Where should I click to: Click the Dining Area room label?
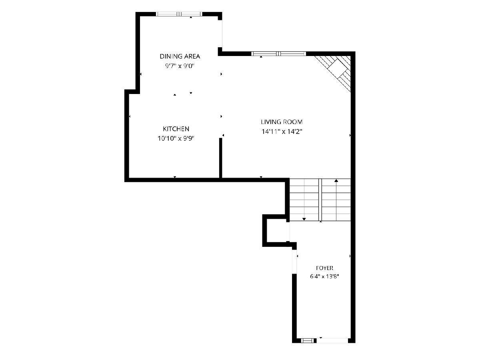coord(180,56)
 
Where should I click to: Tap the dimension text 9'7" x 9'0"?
coord(180,66)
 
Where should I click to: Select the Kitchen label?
coord(176,129)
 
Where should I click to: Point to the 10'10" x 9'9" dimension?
coord(176,138)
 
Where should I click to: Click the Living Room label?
coord(282,122)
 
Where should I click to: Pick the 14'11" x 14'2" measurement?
coord(282,132)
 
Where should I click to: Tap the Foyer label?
coord(324,268)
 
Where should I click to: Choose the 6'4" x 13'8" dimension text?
coord(324,276)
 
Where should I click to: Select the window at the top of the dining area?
coord(179,14)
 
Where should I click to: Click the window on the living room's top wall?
coord(278,54)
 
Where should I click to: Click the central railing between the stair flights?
coord(320,200)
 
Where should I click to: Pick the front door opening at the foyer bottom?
coord(332,340)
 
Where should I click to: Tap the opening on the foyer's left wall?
coord(294,262)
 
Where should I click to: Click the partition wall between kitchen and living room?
coord(221,158)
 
